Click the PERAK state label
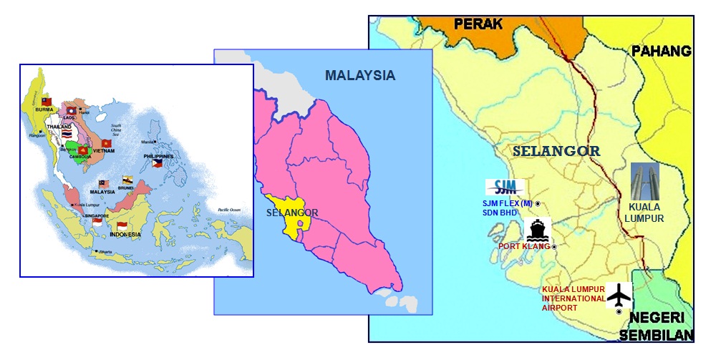pyautogui.click(x=478, y=24)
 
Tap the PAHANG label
pyautogui.click(x=661, y=51)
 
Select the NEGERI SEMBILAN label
pyautogui.click(x=659, y=326)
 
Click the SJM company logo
pyautogui.click(x=505, y=188)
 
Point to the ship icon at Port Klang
pyautogui.click(x=538, y=229)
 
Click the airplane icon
pyautogui.click(x=619, y=294)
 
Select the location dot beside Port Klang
pyautogui.click(x=553, y=247)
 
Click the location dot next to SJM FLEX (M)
pyautogui.click(x=538, y=204)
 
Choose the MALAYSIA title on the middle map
pyautogui.click(x=359, y=75)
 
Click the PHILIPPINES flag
pyautogui.click(x=158, y=163)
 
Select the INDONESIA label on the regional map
pyautogui.click(x=125, y=235)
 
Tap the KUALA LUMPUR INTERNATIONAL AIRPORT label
pyautogui.click(x=574, y=298)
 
